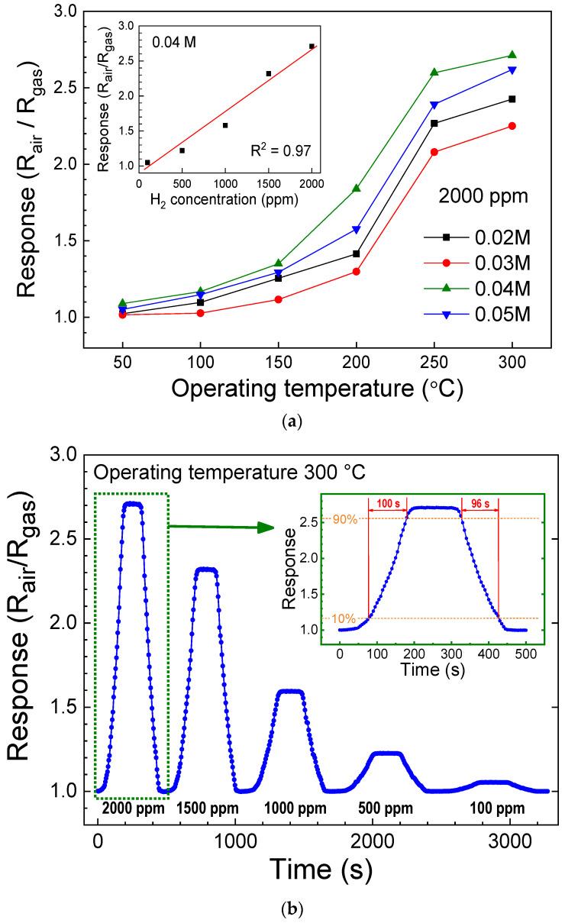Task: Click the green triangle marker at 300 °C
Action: click(512, 55)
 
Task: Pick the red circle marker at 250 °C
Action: click(434, 152)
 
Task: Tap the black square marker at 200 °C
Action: click(357, 253)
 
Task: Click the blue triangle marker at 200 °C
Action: click(357, 229)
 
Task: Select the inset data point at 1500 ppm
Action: click(269, 73)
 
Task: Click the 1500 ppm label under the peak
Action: click(208, 808)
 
